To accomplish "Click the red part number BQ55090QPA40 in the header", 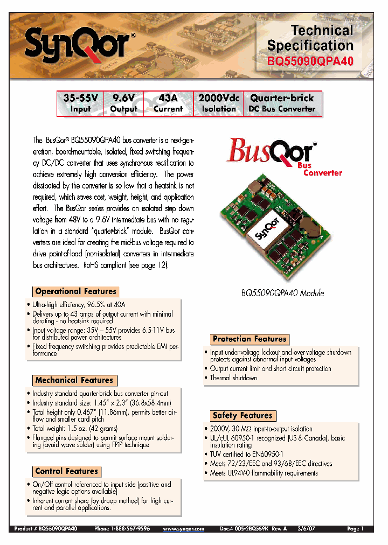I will [310, 61].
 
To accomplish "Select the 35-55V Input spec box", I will [81, 103].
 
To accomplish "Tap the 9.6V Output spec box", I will [123, 103].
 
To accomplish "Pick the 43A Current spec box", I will [168, 103].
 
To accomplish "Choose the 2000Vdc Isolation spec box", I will [219, 103].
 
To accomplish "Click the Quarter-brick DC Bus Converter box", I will [282, 103].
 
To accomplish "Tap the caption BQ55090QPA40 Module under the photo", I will [282, 294].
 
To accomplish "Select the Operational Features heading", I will [75, 291].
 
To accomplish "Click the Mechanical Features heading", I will [74, 380].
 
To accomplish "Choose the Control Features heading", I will [66, 471].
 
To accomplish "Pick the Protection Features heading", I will [250, 339].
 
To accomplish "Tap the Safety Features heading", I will [242, 415].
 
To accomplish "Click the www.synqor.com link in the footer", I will [183, 529].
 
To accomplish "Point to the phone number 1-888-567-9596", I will [122, 529].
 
